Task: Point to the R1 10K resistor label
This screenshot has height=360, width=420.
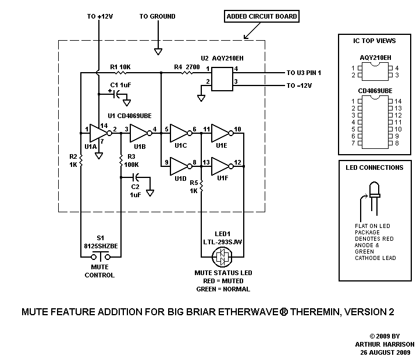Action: click(120, 67)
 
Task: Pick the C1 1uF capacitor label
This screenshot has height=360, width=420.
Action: click(120, 85)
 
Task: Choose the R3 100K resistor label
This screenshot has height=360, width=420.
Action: click(131, 161)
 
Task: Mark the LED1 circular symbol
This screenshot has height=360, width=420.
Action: click(222, 256)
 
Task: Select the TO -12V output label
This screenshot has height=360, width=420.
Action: click(300, 85)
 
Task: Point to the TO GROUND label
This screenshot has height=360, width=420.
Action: click(157, 16)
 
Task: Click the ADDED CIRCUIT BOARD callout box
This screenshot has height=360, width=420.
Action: click(262, 17)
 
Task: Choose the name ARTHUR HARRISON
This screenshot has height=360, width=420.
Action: click(384, 344)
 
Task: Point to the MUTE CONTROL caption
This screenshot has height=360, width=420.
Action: click(100, 271)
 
